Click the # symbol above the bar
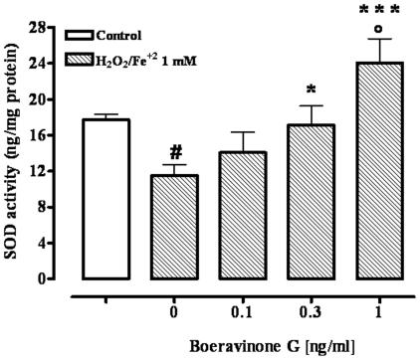(175, 152)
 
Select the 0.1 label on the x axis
(236, 313)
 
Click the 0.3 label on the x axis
(299, 313)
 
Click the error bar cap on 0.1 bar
(236, 132)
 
